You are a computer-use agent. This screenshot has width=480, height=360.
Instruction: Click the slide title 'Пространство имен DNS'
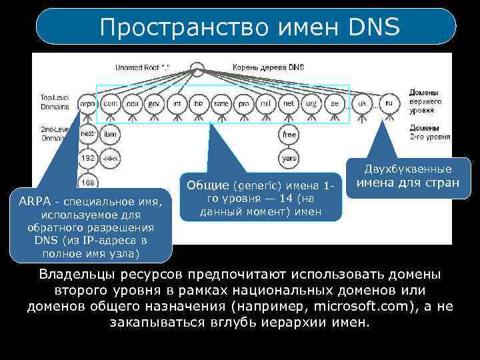(x=249, y=27)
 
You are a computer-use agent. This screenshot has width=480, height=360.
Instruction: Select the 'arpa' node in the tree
(x=87, y=104)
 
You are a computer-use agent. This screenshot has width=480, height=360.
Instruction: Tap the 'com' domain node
(x=111, y=104)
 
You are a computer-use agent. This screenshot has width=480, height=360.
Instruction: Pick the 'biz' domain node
(x=199, y=104)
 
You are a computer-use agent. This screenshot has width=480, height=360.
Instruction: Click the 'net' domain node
(x=289, y=104)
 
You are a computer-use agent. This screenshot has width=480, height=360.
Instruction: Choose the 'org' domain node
(x=311, y=104)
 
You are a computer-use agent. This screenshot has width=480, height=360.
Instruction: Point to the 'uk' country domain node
(x=362, y=104)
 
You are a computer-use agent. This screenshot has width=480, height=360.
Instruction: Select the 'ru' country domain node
(x=389, y=104)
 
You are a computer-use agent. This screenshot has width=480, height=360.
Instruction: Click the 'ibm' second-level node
(x=110, y=133)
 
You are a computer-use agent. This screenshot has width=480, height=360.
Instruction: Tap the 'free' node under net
(x=289, y=134)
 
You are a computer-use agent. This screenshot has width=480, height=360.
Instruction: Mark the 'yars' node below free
(x=289, y=159)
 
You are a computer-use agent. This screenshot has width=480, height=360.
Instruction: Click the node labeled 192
(x=87, y=159)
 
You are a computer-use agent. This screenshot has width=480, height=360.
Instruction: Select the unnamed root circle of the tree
(x=197, y=68)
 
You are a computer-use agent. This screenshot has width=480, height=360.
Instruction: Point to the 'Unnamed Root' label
(x=142, y=67)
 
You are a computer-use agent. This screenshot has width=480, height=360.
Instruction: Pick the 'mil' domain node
(x=265, y=104)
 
